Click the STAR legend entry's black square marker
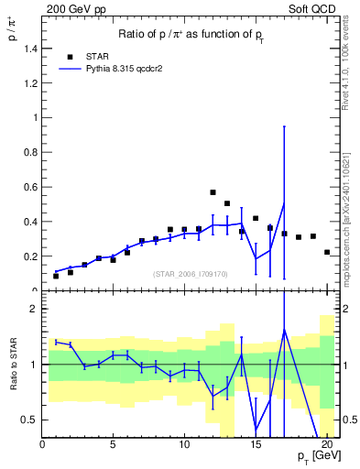(69, 55)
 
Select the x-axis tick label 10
(184, 446)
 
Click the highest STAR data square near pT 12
(213, 192)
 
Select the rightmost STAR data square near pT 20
(327, 252)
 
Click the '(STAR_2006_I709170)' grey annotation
(191, 273)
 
